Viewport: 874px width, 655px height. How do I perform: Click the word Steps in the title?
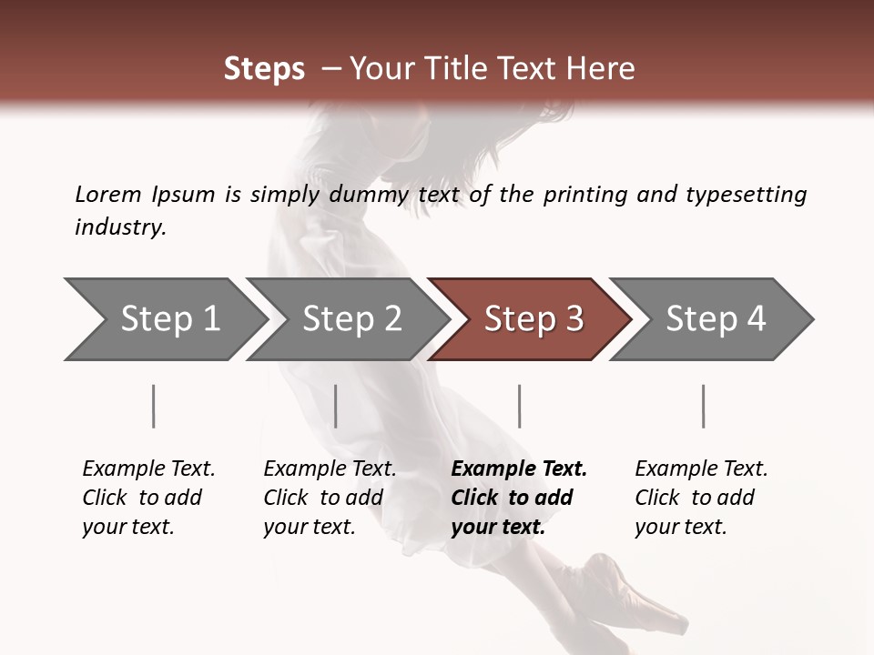click(x=264, y=69)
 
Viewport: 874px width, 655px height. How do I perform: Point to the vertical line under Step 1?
click(x=154, y=406)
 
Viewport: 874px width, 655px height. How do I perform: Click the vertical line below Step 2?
click(x=336, y=406)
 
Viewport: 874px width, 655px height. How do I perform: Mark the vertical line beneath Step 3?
click(x=520, y=406)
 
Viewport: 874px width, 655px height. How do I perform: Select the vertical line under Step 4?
click(x=704, y=406)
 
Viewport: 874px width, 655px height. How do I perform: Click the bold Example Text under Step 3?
click(x=519, y=498)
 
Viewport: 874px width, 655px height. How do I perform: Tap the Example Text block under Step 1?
click(x=148, y=498)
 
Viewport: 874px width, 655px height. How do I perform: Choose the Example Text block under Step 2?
click(x=330, y=498)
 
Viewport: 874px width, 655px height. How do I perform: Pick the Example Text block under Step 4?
click(x=701, y=498)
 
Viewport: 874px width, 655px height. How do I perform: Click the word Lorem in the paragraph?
click(x=108, y=195)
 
